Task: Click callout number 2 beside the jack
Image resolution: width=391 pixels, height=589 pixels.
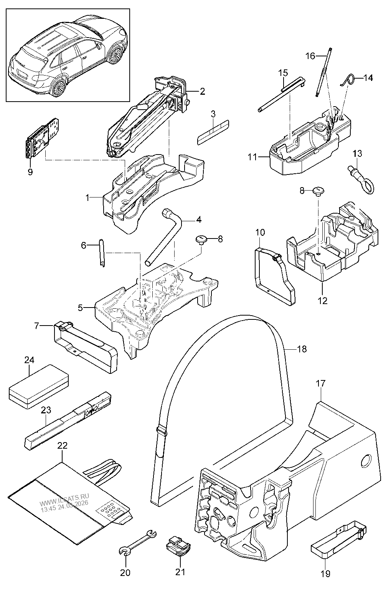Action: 202,91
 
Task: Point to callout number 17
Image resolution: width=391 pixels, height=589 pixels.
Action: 321,383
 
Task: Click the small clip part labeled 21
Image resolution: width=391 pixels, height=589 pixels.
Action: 178,546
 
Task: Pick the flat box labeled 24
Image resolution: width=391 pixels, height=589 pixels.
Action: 39,386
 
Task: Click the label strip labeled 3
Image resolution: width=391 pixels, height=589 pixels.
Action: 213,132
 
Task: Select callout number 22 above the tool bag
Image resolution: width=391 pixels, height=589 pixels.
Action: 63,446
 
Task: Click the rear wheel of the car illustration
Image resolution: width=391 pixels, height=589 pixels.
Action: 59,87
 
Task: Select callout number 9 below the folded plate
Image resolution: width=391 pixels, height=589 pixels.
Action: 30,172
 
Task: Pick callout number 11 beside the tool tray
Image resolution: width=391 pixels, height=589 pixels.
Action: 252,157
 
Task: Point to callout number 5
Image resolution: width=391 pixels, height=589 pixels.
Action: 80,308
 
